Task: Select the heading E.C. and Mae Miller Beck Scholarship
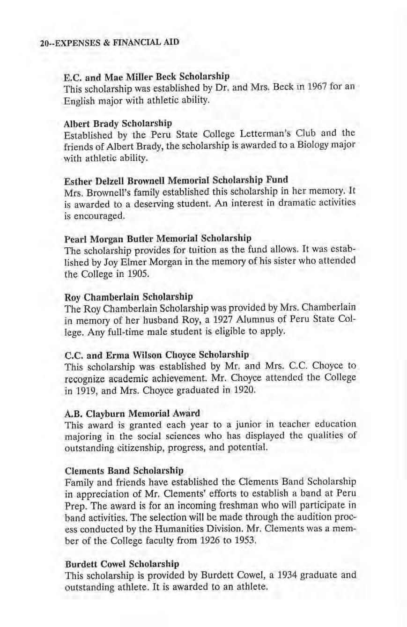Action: pos(147,76)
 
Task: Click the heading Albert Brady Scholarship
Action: pos(118,124)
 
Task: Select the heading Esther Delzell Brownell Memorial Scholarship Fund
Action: pos(176,179)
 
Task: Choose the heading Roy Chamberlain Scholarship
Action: pos(128,296)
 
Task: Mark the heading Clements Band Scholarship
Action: pos(124,470)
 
